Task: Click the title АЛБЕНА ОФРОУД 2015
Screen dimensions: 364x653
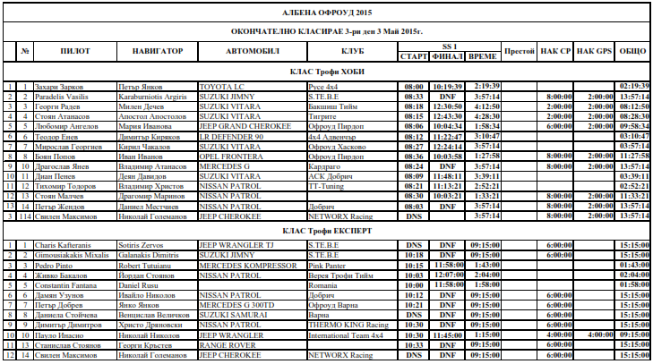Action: click(326, 13)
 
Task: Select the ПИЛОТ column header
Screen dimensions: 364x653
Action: click(75, 50)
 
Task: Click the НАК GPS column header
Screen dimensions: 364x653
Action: click(594, 50)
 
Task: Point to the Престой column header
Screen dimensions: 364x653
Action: click(520, 50)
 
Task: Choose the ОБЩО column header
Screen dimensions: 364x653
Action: click(632, 50)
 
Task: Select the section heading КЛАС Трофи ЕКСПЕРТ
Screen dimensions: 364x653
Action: click(326, 230)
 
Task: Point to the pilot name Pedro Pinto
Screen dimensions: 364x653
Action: click(53, 265)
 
